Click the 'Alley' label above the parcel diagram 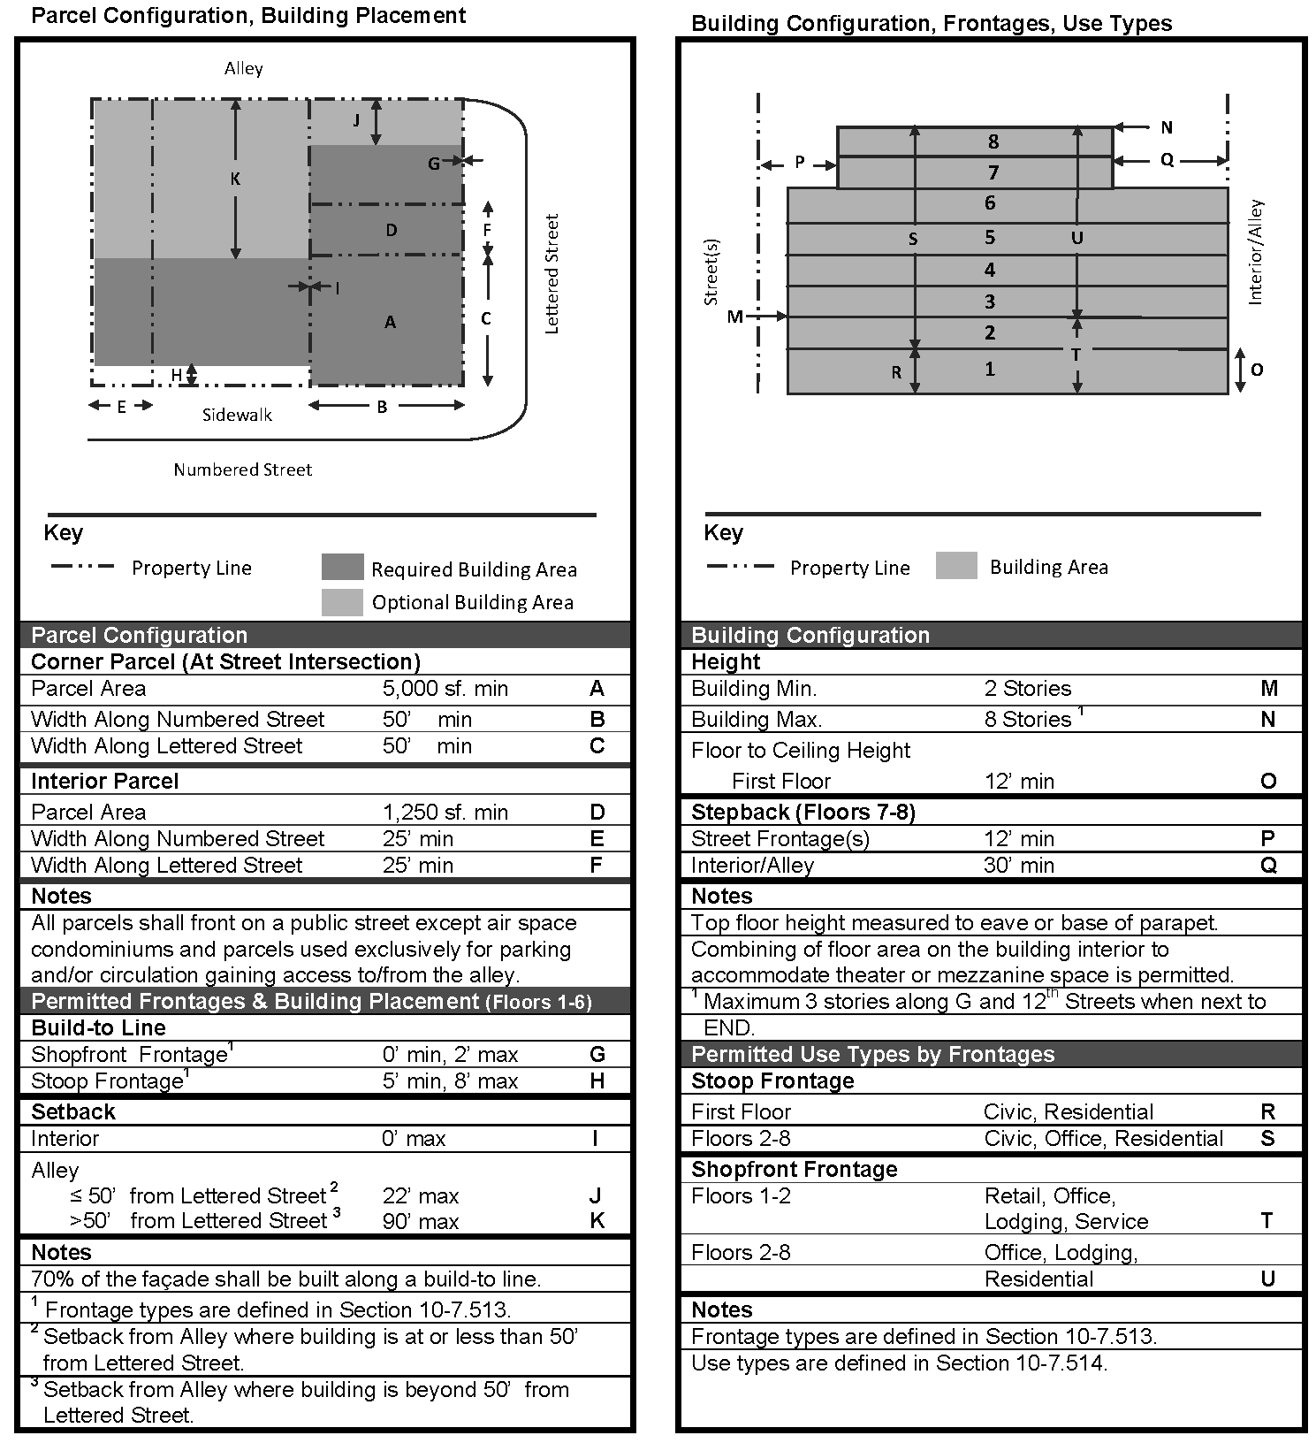click(x=243, y=69)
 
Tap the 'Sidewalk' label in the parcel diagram click(x=237, y=415)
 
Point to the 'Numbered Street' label click(x=242, y=470)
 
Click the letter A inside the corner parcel click(x=390, y=323)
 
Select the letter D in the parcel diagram click(x=391, y=231)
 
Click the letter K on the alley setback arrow click(x=235, y=179)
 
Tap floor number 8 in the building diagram click(x=993, y=141)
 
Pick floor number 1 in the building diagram click(x=990, y=369)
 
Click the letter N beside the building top click(x=1167, y=128)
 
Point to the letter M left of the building click(x=734, y=317)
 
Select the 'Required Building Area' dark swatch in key click(x=342, y=568)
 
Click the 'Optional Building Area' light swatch click(x=342, y=602)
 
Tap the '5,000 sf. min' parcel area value click(x=445, y=689)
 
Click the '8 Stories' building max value click(x=1027, y=719)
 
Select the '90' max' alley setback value click(x=420, y=1221)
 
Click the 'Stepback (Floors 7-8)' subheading click(x=803, y=812)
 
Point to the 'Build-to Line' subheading click(x=98, y=1027)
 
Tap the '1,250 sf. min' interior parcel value click(x=445, y=812)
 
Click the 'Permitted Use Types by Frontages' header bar click(x=990, y=1054)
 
